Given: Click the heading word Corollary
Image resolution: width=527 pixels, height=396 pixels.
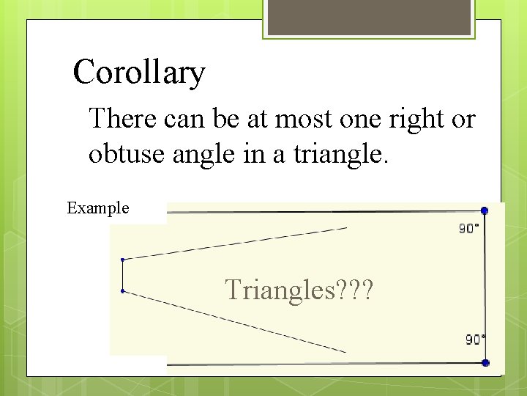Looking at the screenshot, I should tap(139, 73).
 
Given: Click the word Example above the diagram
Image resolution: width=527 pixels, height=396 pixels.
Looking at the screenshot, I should tap(98, 208).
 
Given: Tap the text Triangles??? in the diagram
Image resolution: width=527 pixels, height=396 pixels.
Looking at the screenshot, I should tap(299, 290).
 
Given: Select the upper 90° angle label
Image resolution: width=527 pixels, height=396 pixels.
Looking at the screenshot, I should tap(469, 229).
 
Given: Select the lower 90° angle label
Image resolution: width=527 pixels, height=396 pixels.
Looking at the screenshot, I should tap(476, 340).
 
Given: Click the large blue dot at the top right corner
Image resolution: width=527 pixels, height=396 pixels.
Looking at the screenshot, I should tap(484, 210).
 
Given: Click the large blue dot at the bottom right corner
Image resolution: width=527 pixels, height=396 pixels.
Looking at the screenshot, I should tap(485, 363).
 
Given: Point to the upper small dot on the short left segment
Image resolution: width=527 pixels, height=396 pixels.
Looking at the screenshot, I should tap(122, 259).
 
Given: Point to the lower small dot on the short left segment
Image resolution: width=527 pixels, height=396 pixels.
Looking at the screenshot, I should tap(122, 291).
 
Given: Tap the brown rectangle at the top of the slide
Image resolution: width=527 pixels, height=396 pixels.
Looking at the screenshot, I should tap(369, 17).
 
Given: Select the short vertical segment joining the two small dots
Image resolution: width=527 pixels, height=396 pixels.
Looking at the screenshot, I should tap(122, 275).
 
